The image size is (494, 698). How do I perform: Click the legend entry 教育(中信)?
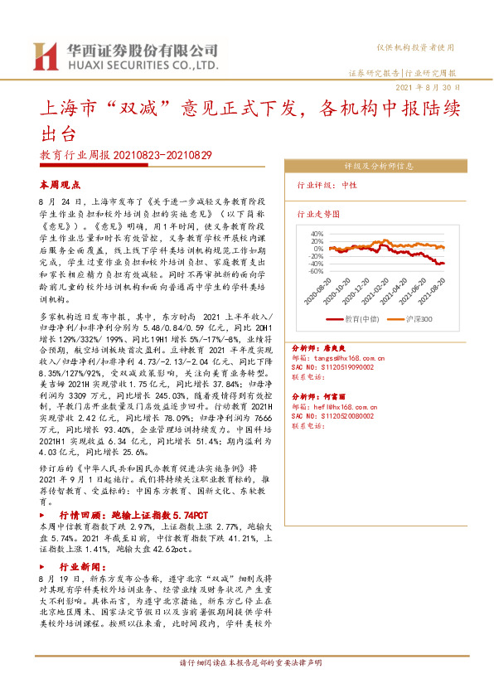click(357, 318)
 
